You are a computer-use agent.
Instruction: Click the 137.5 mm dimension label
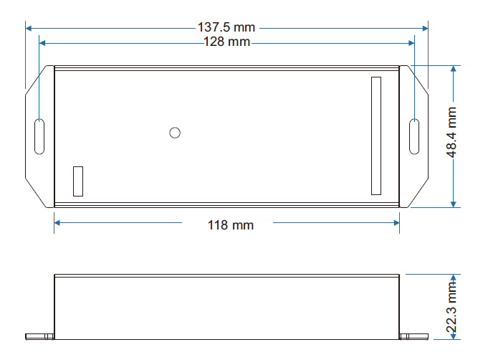(226, 27)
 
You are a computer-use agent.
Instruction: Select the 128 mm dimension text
(226, 42)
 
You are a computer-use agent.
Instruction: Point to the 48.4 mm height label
(452, 136)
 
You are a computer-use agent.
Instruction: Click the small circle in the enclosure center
(174, 132)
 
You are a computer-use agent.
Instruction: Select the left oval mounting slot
(39, 136)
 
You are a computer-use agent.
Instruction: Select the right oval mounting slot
(414, 136)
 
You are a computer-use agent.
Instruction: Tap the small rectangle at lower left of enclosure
(78, 181)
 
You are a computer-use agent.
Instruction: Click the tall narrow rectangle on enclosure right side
(376, 135)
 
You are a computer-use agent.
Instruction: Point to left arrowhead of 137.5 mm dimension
(29, 28)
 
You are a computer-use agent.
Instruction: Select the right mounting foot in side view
(414, 336)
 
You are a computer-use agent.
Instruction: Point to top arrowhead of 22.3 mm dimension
(453, 278)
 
